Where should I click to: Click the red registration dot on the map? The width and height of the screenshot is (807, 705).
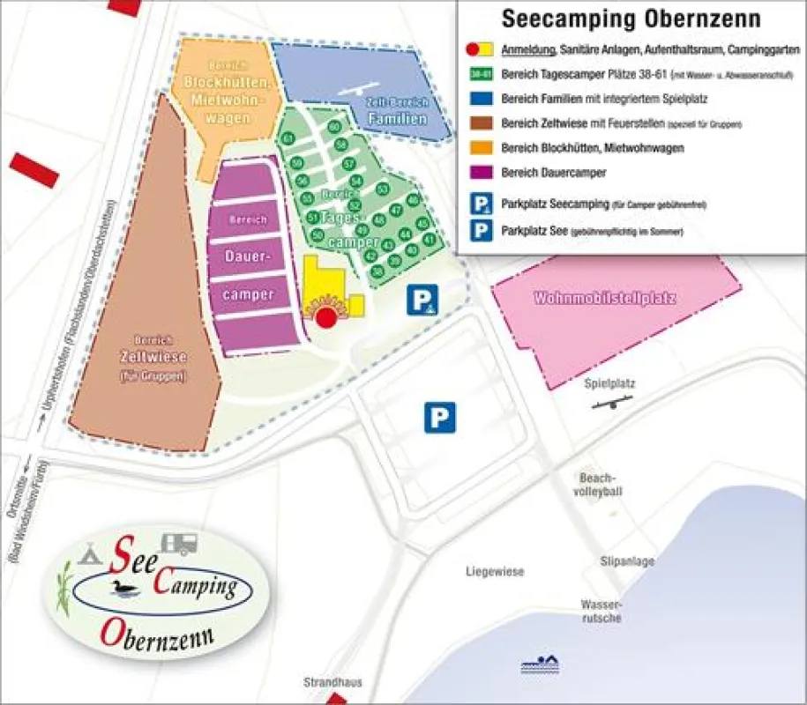327,316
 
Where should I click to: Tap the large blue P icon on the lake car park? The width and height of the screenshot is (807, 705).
440,417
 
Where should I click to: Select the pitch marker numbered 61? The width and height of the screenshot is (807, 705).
288,139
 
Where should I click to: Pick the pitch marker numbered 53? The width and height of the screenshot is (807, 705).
381,189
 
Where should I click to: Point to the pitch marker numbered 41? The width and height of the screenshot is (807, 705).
429,239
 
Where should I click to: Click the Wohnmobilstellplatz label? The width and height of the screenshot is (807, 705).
604,299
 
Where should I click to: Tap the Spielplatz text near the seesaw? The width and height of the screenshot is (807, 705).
609,383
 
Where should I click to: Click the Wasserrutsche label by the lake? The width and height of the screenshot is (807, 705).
602,611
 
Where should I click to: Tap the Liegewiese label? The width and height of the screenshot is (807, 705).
495,572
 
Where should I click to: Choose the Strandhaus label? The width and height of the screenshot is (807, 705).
333,682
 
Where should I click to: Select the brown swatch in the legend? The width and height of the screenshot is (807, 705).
481,123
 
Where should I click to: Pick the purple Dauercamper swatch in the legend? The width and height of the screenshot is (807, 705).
481,172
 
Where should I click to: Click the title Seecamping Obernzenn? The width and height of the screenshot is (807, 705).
631,19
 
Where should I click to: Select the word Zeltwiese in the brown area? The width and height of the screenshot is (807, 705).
141,358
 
